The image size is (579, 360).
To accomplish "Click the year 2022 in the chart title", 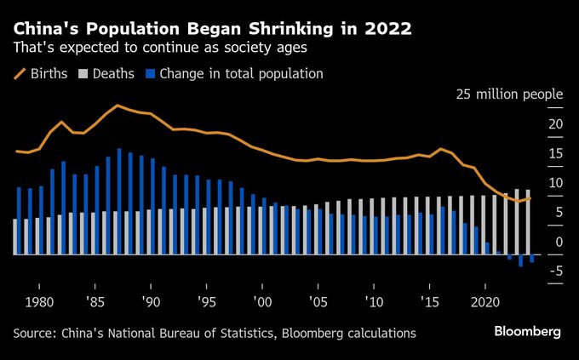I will [x=384, y=29].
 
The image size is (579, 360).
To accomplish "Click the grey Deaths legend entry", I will [x=107, y=74].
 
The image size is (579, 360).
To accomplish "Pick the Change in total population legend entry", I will [x=234, y=74].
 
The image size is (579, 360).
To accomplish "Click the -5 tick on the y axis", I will [x=553, y=271].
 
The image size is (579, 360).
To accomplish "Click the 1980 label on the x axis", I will [x=40, y=302].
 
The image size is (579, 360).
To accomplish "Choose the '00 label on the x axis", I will [x=262, y=302].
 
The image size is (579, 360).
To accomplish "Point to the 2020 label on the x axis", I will [x=484, y=302].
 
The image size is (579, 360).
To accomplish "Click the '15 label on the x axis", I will [x=429, y=302].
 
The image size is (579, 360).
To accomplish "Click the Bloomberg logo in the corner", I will [x=527, y=332].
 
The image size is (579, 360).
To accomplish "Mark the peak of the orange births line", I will [x=118, y=106].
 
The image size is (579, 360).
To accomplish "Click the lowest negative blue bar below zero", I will [x=520, y=261].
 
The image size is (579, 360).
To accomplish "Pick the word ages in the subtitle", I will [x=289, y=48].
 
